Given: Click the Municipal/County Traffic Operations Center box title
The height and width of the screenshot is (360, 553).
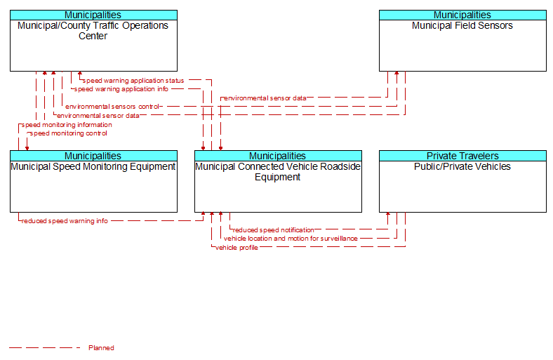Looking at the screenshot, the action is click(x=93, y=31).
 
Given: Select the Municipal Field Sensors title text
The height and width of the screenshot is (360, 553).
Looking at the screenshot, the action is click(x=462, y=26).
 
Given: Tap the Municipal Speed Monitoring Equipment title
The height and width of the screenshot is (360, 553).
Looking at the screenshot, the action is click(x=93, y=166).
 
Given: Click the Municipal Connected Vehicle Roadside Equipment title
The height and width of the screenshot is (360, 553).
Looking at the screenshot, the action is click(x=278, y=172).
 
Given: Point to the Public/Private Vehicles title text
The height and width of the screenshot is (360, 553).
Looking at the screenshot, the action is click(x=462, y=166).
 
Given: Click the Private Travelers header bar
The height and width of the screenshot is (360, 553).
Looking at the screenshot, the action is click(x=462, y=156).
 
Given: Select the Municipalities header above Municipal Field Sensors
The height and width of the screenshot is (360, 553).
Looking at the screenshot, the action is click(x=462, y=15).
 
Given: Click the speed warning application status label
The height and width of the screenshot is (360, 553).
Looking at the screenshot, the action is click(x=133, y=81).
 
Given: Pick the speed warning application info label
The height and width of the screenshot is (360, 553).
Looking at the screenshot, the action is click(x=121, y=89).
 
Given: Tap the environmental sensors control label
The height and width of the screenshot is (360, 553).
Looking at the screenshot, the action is click(x=112, y=107).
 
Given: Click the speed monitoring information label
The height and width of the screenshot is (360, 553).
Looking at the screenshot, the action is click(x=67, y=125).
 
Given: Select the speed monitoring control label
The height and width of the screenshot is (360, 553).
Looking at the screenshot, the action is click(x=68, y=133).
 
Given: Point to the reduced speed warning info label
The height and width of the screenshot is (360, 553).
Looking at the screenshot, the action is click(x=65, y=221).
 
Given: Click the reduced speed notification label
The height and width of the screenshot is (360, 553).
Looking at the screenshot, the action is click(x=273, y=230).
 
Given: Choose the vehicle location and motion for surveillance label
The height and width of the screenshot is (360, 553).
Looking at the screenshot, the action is click(x=291, y=239).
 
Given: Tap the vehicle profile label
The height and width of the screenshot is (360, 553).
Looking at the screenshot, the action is click(x=236, y=248).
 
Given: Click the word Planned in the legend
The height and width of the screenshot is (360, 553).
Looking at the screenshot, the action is click(x=101, y=348).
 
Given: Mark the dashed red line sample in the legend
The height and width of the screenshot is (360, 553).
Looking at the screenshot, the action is click(x=45, y=348).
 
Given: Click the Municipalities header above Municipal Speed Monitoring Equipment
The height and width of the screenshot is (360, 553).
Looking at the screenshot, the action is click(x=93, y=156).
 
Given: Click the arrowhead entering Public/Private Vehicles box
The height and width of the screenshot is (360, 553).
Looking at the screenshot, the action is click(x=388, y=214).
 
